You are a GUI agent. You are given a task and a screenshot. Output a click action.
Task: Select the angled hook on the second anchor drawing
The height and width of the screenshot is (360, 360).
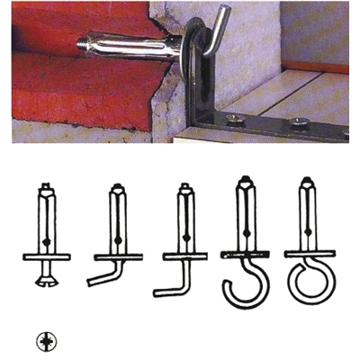tap(103, 274)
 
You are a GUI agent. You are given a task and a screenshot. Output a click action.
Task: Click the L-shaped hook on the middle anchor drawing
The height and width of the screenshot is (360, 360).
tap(170, 285)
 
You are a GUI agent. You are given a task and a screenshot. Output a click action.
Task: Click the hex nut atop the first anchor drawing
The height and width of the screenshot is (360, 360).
tap(46, 192)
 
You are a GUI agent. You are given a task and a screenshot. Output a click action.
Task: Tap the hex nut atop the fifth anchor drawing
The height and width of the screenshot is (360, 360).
tap(308, 186)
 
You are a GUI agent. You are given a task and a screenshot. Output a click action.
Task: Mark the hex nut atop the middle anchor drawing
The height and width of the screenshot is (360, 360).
tap(184, 190)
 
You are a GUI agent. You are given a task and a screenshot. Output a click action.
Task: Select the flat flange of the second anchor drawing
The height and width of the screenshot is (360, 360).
tap(117, 256)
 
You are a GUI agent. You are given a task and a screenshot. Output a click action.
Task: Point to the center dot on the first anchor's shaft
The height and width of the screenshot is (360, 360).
tap(46, 239)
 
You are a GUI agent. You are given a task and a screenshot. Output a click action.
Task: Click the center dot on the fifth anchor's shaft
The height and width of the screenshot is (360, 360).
tap(308, 237)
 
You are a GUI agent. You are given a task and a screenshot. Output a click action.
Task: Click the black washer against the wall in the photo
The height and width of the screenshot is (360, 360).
tap(190, 53)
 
